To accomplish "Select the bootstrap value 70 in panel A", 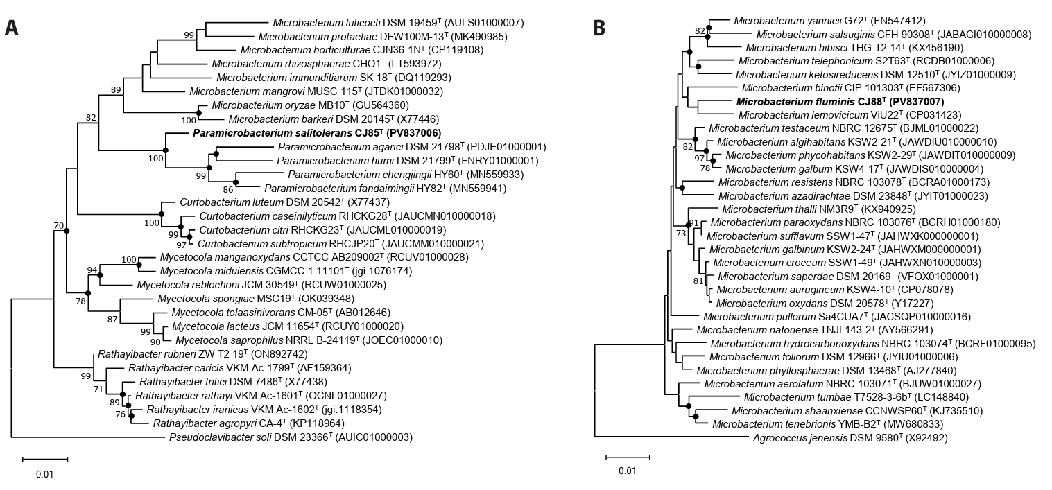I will click(58, 225).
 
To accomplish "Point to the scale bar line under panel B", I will click(628, 457).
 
